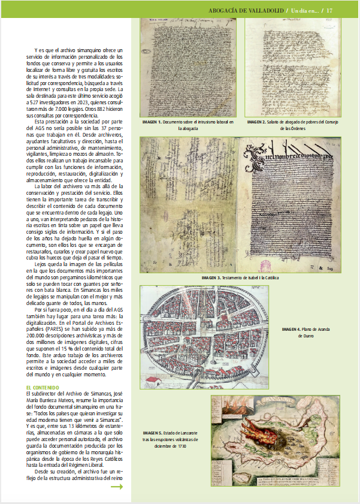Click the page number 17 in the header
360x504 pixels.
pyautogui.click(x=346, y=10)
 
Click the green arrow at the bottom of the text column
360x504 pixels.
pyautogui.click(x=117, y=487)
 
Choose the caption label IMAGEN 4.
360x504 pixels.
pyautogui.click(x=292, y=329)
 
